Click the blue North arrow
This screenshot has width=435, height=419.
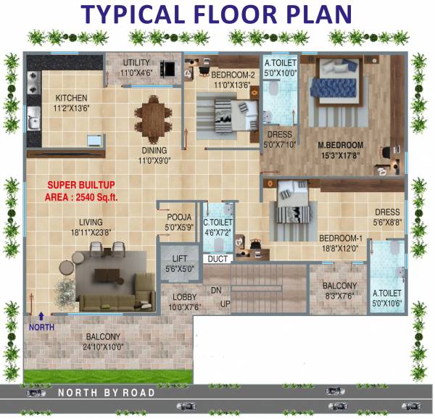(41, 316)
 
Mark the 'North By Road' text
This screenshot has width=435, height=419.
(106, 392)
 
